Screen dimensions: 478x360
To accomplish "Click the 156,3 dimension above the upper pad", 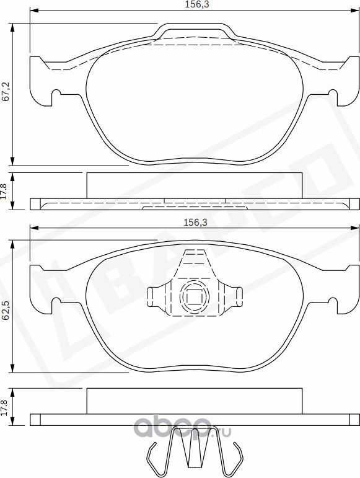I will tap(193, 4).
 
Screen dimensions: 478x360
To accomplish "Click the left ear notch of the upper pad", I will tap(56, 95).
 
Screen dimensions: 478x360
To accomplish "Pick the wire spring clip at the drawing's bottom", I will tap(193, 449).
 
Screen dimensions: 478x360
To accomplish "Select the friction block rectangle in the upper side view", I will tap(193, 185).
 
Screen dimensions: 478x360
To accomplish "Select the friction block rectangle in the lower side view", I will tap(193, 401).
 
